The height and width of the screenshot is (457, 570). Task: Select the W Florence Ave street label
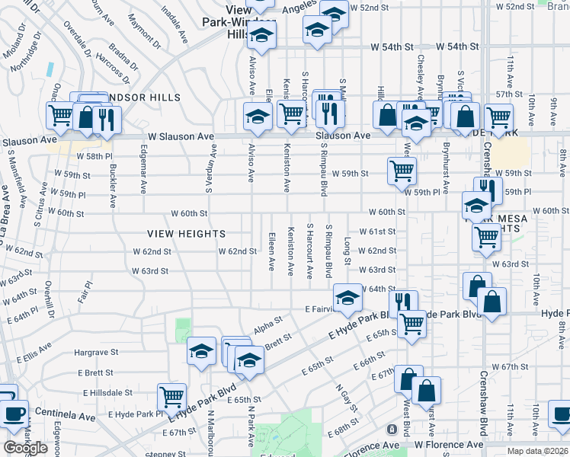449,444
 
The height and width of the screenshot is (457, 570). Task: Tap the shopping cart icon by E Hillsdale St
172,396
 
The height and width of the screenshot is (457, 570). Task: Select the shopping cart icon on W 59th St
402,170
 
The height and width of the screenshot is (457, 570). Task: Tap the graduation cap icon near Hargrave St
202,350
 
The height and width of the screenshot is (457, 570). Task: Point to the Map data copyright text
538,451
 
